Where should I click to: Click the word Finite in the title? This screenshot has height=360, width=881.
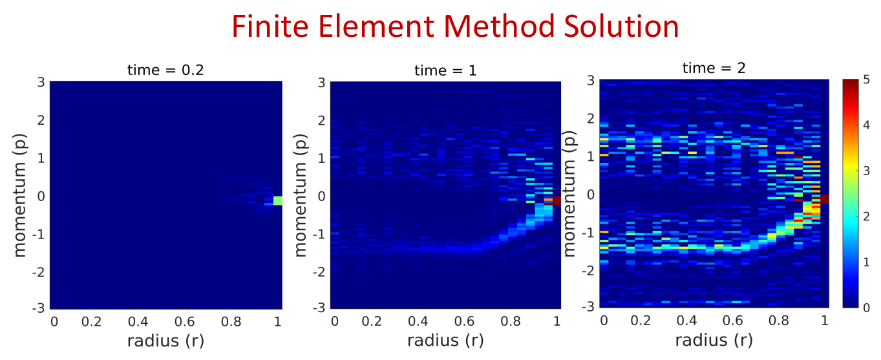tap(271, 26)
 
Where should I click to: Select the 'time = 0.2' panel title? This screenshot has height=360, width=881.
tap(165, 70)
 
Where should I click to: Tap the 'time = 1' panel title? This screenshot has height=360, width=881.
tap(445, 70)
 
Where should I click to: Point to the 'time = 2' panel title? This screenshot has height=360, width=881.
tap(714, 68)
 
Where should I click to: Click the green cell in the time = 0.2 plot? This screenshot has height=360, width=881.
tap(278, 200)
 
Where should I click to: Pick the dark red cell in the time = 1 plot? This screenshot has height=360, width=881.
tap(557, 200)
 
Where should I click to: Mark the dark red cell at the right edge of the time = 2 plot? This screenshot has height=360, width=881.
tap(825, 199)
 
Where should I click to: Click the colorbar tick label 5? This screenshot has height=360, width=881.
tap(866, 80)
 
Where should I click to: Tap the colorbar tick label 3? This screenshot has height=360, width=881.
tap(866, 171)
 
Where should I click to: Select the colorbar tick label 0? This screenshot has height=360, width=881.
tap(866, 308)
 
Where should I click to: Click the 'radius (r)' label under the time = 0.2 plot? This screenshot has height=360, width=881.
tap(165, 341)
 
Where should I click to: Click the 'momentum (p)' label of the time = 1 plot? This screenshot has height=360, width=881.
tap(300, 195)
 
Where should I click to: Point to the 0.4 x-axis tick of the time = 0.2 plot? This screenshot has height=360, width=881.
tap(138, 322)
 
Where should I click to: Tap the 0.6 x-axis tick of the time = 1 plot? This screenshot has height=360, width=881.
tap(464, 321)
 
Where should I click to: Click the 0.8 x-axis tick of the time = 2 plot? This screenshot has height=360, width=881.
tap(779, 321)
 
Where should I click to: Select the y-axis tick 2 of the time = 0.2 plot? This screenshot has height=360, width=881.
tap(41, 120)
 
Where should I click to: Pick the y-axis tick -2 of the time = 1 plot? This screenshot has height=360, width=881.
tap(319, 272)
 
